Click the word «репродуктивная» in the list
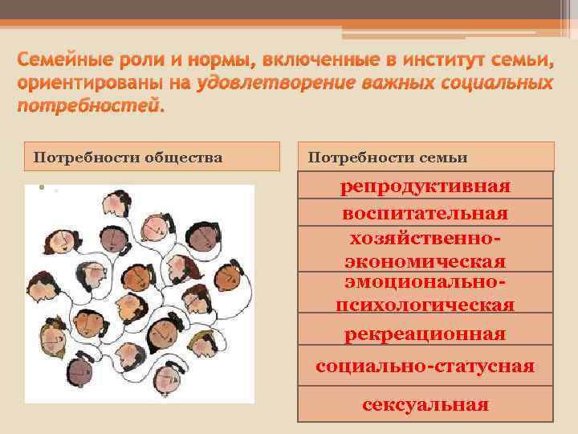[425, 186]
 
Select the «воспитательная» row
[425, 214]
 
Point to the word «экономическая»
[425, 262]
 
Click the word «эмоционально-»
[425, 283]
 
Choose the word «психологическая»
[425, 305]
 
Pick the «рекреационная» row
[425, 334]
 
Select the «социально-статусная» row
[425, 366]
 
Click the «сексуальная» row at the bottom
[425, 404]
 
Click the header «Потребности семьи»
[388, 158]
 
